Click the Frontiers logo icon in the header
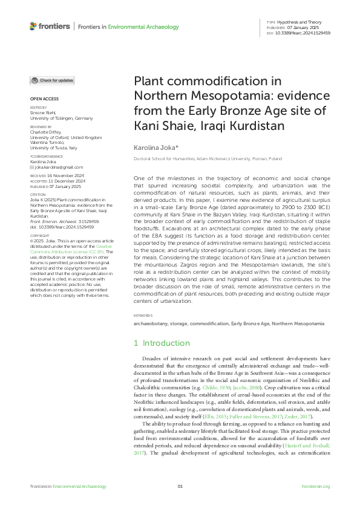tap(33, 26)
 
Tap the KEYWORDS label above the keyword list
tap(142, 316)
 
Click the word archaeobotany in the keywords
tap(151, 323)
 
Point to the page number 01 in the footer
tap(180, 486)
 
